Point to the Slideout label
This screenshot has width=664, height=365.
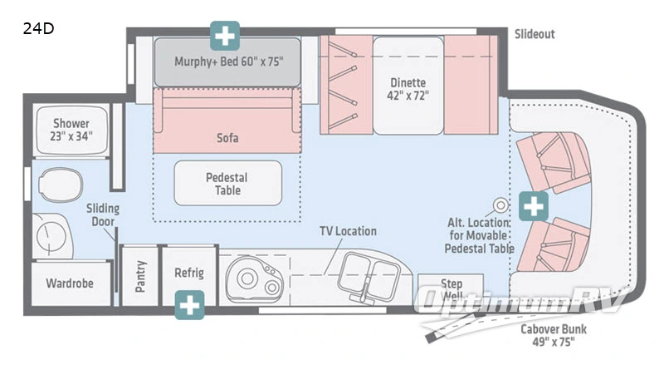point(534,34)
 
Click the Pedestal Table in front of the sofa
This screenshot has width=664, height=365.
point(227,184)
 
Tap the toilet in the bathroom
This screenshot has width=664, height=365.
point(59,183)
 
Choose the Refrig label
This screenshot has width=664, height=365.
point(189,273)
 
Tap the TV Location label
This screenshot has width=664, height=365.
point(348,231)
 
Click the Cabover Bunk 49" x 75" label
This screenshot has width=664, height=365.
point(549,334)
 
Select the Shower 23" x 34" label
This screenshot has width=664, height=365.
point(71,130)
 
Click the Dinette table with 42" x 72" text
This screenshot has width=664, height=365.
point(408,89)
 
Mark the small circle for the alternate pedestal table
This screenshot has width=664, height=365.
point(500,205)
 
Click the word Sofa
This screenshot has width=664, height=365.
point(227,137)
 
